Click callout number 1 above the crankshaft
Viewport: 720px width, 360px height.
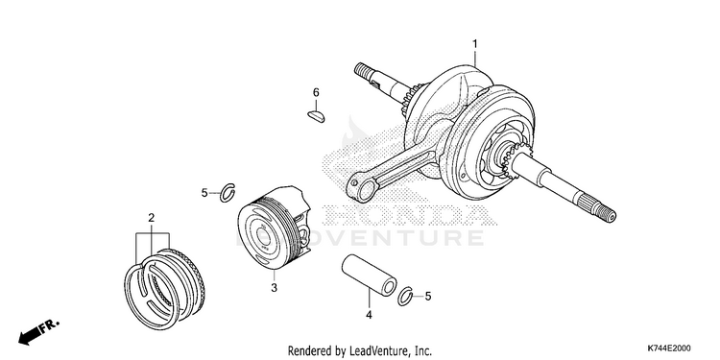pyautogui.click(x=475, y=44)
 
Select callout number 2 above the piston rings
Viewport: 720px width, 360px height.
pyautogui.click(x=151, y=218)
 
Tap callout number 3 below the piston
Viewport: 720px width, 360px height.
pyautogui.click(x=274, y=288)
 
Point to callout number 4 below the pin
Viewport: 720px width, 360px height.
pyautogui.click(x=369, y=315)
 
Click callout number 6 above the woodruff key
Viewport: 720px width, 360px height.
pyautogui.click(x=316, y=93)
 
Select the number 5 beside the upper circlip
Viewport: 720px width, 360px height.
pyautogui.click(x=204, y=193)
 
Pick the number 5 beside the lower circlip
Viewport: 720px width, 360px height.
pyautogui.click(x=428, y=297)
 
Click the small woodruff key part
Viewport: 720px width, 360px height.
pyautogui.click(x=316, y=116)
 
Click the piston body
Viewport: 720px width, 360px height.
pyautogui.click(x=275, y=227)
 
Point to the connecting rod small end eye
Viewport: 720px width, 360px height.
pyautogui.click(x=358, y=188)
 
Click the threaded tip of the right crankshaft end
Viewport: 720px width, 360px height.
pyautogui.click(x=608, y=213)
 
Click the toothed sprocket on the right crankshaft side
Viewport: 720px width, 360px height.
pyautogui.click(x=513, y=159)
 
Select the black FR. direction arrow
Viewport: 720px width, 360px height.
pyautogui.click(x=29, y=337)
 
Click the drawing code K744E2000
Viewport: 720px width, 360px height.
pyautogui.click(x=669, y=348)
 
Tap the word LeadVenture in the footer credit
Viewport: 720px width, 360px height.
pyautogui.click(x=372, y=351)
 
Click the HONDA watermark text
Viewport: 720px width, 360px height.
pyautogui.click(x=409, y=215)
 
